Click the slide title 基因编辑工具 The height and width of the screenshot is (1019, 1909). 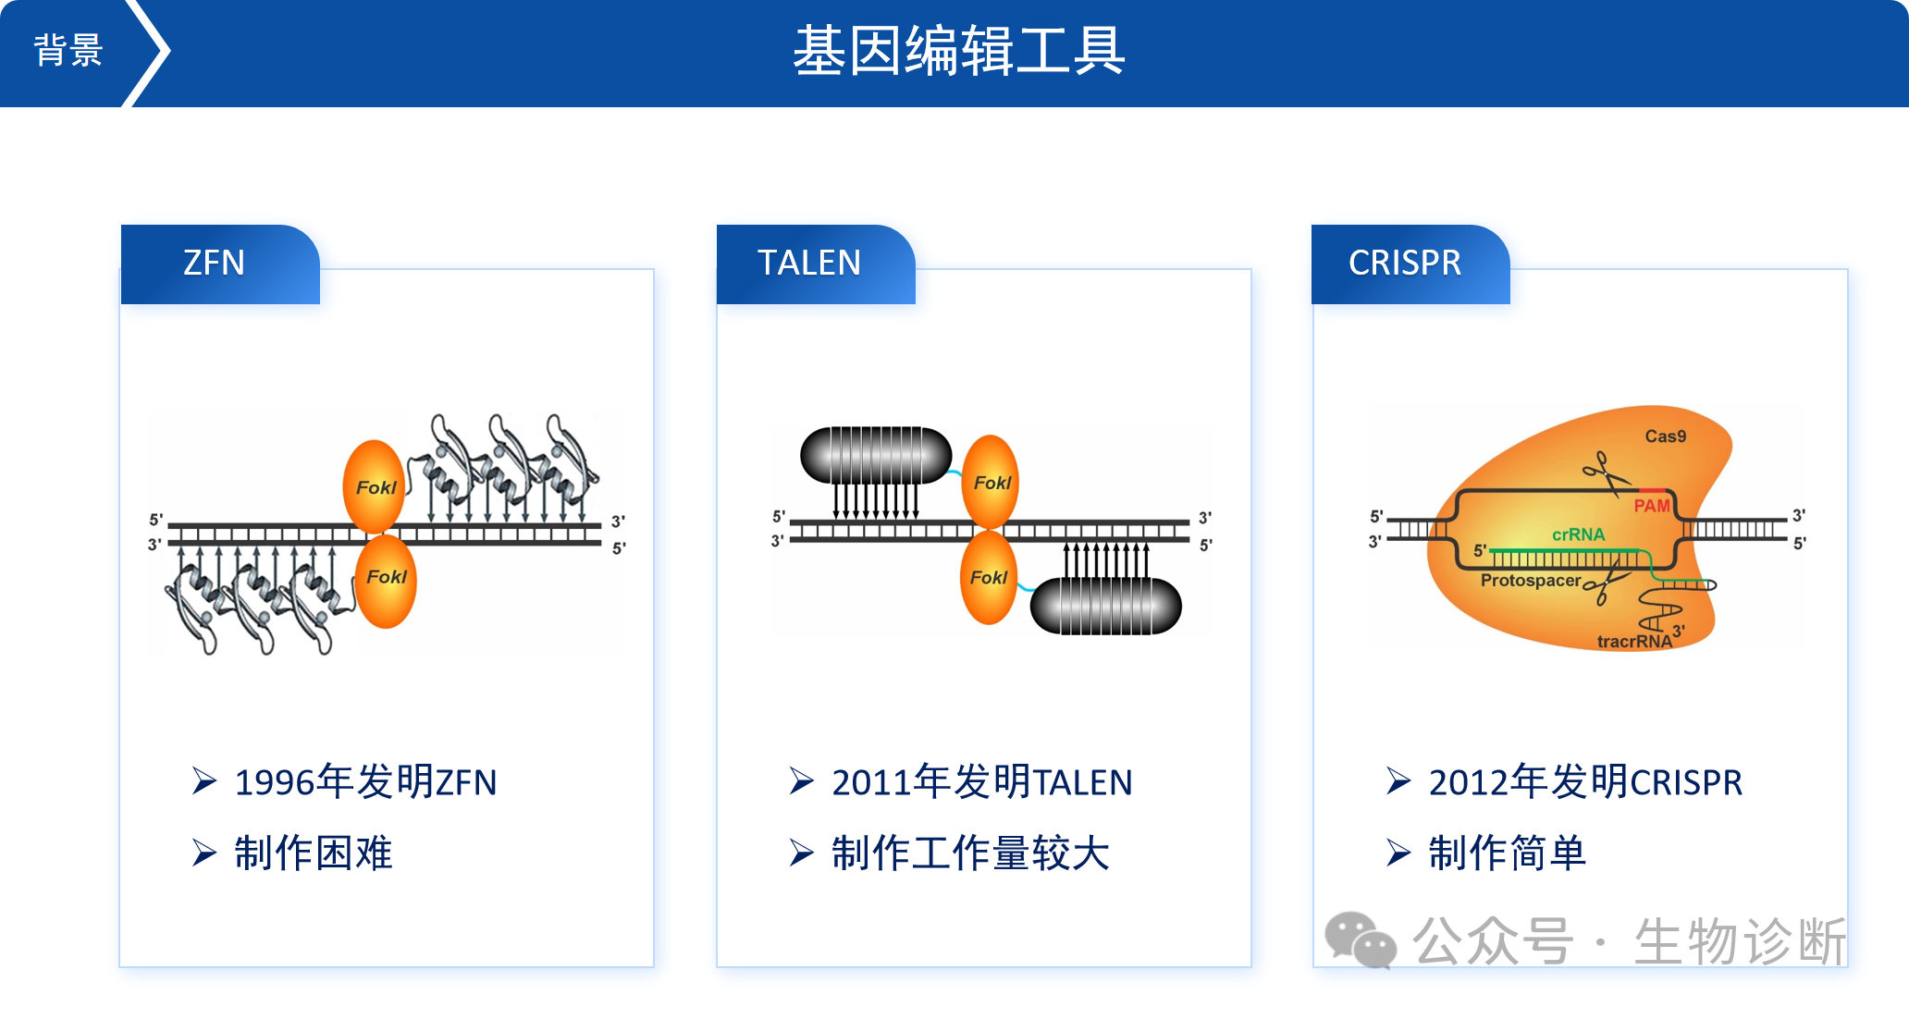[958, 51]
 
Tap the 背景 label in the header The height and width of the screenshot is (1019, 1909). [68, 51]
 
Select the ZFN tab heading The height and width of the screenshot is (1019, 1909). [214, 264]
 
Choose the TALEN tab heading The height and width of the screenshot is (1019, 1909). [809, 264]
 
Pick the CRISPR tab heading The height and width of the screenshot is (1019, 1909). [1405, 264]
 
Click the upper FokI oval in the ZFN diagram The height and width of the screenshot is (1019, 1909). [375, 486]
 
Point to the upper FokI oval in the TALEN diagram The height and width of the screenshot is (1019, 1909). [991, 482]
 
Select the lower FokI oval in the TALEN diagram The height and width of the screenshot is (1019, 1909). [988, 578]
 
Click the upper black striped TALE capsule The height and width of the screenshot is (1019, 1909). [876, 454]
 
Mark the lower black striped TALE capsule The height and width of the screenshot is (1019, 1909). [1105, 606]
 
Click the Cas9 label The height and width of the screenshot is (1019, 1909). [1665, 436]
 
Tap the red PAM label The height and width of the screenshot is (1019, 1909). [1651, 506]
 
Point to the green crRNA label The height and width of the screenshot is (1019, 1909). [1578, 534]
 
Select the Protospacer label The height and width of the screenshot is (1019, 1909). [1531, 581]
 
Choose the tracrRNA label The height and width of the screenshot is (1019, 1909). [1634, 641]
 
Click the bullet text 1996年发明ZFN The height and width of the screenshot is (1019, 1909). [365, 782]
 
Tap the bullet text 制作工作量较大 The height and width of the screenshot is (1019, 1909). [970, 853]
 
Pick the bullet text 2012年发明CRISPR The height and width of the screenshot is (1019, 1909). [1585, 782]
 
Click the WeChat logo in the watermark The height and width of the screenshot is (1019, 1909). [1360, 940]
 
